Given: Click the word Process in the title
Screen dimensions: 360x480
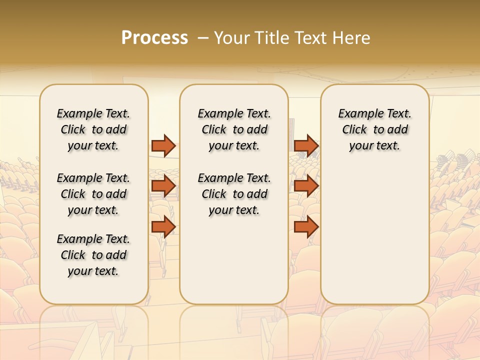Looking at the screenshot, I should [x=154, y=38].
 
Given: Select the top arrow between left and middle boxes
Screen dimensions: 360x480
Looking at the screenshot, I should [x=163, y=145].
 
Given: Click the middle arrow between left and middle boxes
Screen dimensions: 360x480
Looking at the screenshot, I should [x=163, y=186].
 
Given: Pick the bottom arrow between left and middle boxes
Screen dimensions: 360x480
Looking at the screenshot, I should [x=163, y=226].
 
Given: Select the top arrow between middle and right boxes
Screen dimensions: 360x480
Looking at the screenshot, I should [x=306, y=145].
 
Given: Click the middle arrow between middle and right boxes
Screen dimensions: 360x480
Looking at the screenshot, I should [x=306, y=186].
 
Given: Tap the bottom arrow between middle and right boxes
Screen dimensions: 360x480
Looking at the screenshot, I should [x=306, y=226].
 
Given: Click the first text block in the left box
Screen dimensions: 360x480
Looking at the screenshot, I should [x=93, y=129].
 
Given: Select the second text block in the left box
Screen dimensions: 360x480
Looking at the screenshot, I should [x=93, y=194].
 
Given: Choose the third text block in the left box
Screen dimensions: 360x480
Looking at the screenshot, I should [x=93, y=255].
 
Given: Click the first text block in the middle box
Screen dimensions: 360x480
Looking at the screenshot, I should [x=234, y=129].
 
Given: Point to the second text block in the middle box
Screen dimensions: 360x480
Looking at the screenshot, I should [x=234, y=194].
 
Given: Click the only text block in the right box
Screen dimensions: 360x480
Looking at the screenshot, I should [x=374, y=129].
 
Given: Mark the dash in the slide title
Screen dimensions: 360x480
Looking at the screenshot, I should [x=203, y=38].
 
